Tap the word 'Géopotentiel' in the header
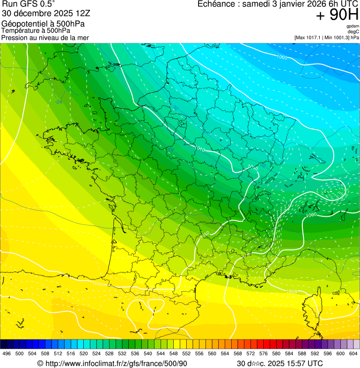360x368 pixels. click(x=23, y=24)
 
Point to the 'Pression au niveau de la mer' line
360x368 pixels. click(x=45, y=37)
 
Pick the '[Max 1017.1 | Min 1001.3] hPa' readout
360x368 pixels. click(x=327, y=37)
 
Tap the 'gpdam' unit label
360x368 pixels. click(x=353, y=26)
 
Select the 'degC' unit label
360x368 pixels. click(x=354, y=31)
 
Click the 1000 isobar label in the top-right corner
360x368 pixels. click(x=282, y=57)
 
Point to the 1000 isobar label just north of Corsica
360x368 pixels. click(x=291, y=292)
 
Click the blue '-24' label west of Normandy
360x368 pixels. click(x=59, y=102)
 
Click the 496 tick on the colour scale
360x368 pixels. click(x=7, y=353)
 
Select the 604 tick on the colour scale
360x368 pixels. click(x=353, y=353)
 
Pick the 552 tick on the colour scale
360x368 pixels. click(x=186, y=353)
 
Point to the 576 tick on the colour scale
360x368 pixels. click(x=264, y=353)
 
